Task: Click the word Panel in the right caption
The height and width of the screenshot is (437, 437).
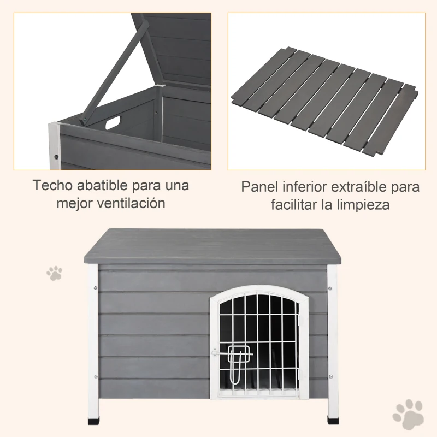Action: (x=259, y=187)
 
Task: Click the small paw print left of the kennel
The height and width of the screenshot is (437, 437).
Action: (x=54, y=273)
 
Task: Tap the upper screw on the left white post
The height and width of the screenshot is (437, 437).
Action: (x=96, y=288)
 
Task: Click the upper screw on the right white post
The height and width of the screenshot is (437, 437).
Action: (x=330, y=288)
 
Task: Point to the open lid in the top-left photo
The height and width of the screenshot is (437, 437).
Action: (x=172, y=49)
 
